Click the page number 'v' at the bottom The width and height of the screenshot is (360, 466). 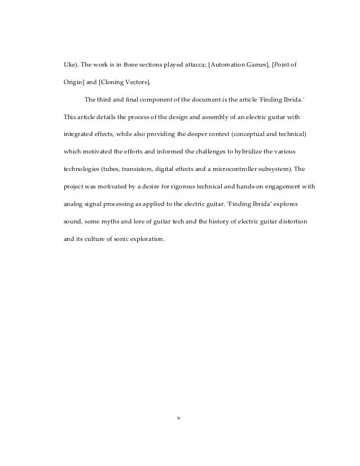coord(179,418)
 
